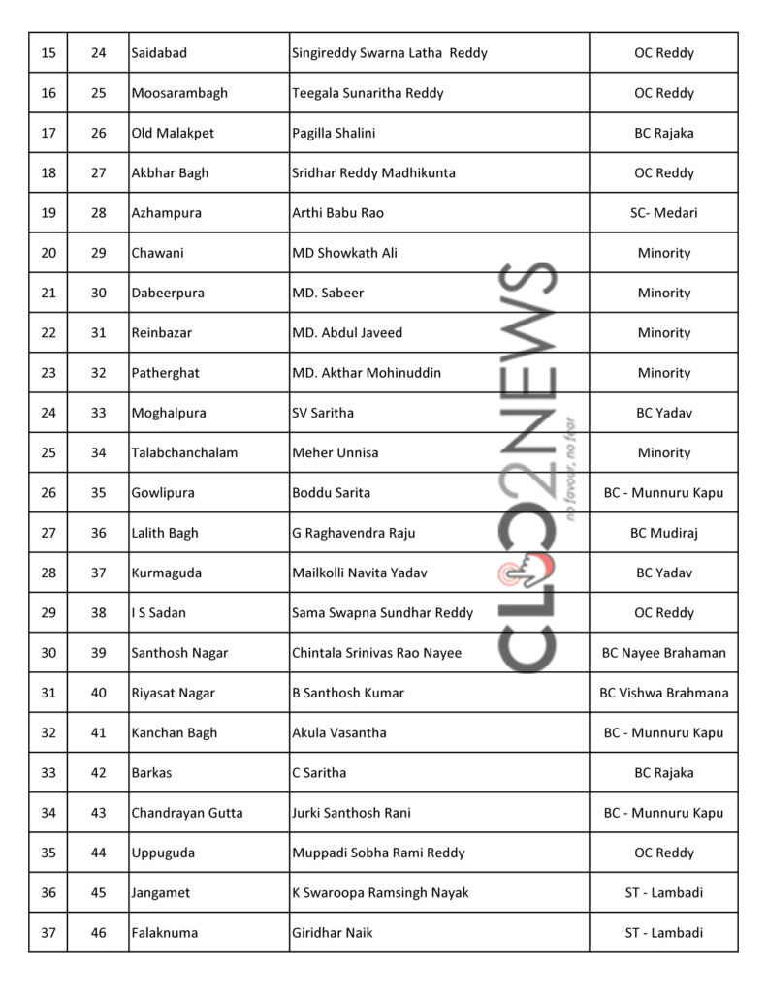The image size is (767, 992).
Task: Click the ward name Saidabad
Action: point(160,53)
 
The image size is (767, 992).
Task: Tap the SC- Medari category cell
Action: point(663,213)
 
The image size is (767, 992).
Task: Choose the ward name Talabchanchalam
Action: point(183,452)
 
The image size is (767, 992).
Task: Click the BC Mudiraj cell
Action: point(663,533)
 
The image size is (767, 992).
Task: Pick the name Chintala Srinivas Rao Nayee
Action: point(376,653)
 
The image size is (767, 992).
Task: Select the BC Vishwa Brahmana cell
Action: point(663,693)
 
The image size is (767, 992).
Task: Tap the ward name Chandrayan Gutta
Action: point(186,813)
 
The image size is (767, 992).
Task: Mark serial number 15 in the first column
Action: point(48,53)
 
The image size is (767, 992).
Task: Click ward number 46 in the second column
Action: point(98,933)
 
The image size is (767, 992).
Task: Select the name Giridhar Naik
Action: point(332,933)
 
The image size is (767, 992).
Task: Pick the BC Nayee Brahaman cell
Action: point(663,653)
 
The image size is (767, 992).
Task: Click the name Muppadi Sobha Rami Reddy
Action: point(378,852)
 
